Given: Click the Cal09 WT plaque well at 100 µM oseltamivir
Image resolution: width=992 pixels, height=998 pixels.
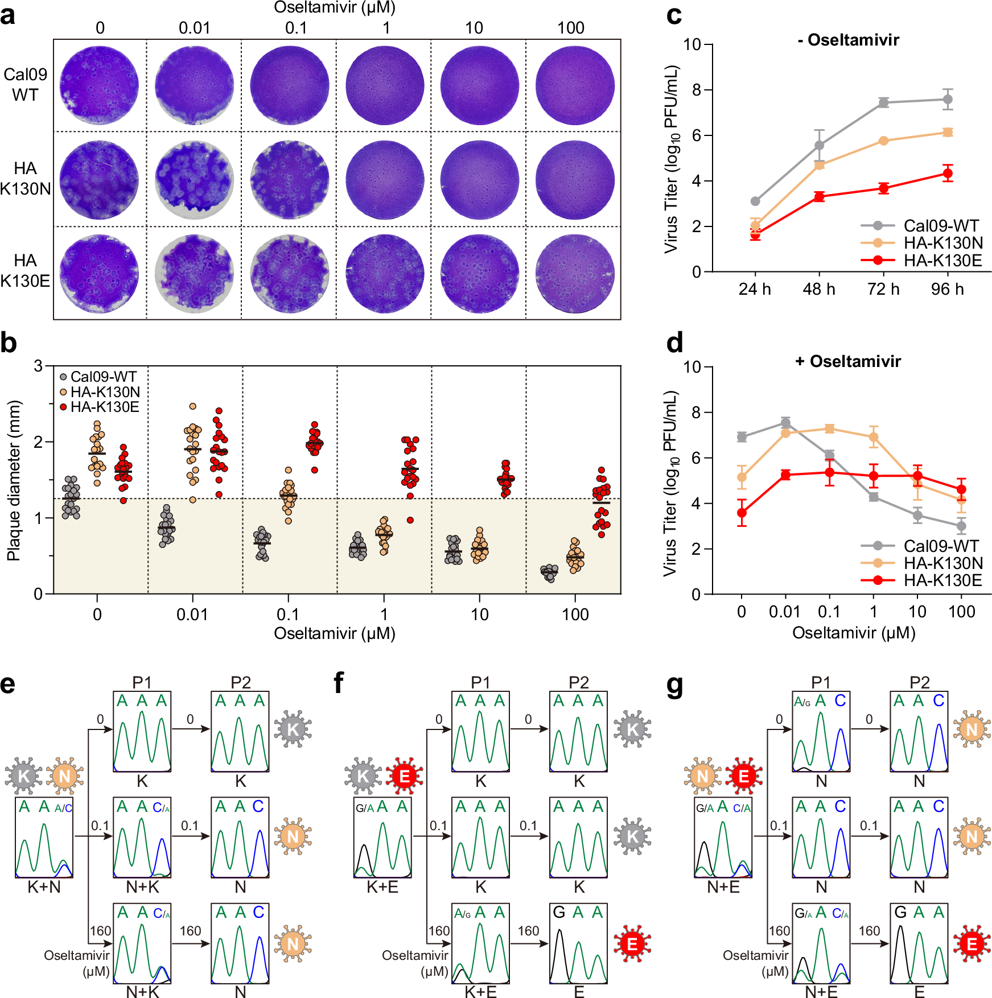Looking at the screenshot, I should click(x=575, y=85).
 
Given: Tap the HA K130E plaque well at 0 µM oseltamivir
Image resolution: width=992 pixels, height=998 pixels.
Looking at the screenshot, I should click(x=100, y=273).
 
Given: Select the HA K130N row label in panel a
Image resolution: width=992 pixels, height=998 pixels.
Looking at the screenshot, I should click(x=25, y=178).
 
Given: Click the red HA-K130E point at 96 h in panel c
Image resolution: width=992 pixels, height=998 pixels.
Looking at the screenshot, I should click(x=947, y=174).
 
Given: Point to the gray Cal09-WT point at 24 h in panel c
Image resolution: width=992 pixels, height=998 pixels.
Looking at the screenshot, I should click(x=755, y=201).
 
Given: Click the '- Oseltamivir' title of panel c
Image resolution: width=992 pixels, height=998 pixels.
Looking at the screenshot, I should click(x=848, y=40).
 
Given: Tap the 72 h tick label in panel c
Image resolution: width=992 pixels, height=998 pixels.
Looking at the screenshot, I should click(x=883, y=289).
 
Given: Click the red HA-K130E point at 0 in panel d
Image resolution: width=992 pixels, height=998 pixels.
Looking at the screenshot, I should click(x=742, y=513).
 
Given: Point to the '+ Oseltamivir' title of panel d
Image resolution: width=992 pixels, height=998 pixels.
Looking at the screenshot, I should click(x=848, y=361).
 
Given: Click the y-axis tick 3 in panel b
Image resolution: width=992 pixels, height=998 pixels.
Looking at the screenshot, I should click(x=38, y=366).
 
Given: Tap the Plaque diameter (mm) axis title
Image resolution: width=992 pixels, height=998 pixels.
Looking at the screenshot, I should click(x=14, y=481).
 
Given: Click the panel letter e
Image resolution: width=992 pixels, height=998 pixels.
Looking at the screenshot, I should click(x=7, y=683).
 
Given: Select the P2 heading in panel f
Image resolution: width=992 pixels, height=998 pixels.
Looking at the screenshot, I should click(x=578, y=682).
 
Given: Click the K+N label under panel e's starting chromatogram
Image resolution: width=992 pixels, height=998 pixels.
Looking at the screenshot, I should click(x=44, y=886).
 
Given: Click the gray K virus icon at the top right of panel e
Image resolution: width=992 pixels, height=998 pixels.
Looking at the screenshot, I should click(x=293, y=729).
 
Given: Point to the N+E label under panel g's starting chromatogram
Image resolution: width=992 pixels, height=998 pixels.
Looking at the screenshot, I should click(x=723, y=886).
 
